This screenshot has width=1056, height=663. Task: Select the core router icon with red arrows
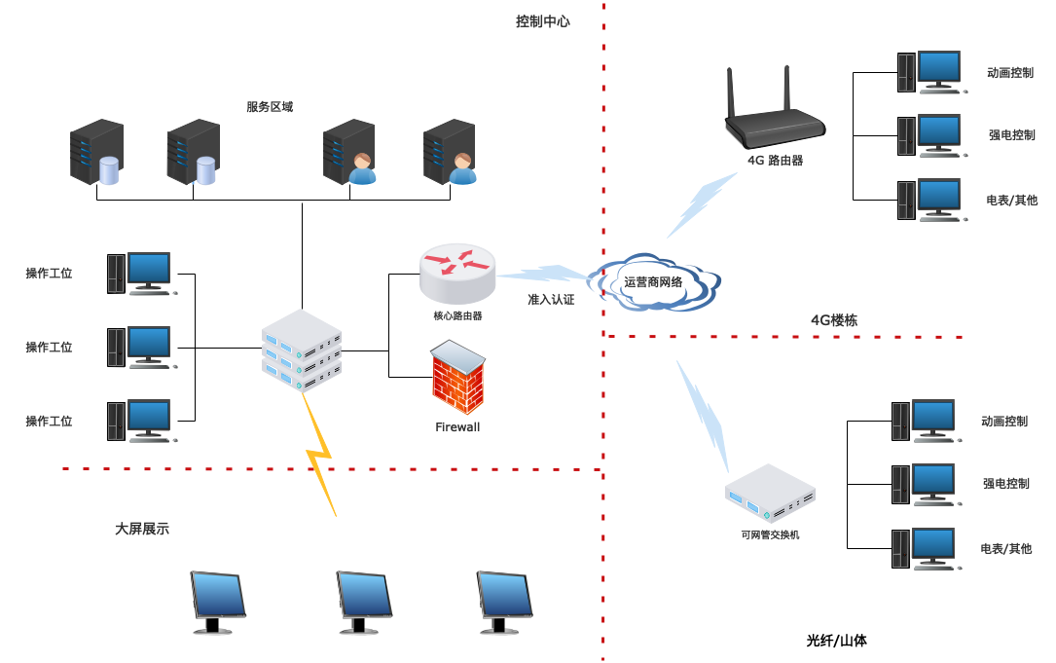pyautogui.click(x=457, y=274)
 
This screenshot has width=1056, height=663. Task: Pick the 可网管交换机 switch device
pyautogui.click(x=770, y=494)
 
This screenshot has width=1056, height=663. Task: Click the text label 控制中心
pyautogui.click(x=542, y=21)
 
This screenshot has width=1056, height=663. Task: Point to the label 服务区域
pyautogui.click(x=270, y=107)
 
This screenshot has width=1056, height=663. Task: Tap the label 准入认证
pyautogui.click(x=551, y=300)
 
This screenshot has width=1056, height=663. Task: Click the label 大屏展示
pyautogui.click(x=142, y=529)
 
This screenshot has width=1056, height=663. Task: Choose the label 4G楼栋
pyautogui.click(x=834, y=319)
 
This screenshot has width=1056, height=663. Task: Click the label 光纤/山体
pyautogui.click(x=836, y=641)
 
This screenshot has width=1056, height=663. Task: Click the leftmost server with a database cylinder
pyautogui.click(x=96, y=153)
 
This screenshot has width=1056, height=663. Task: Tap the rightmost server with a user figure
pyautogui.click(x=450, y=153)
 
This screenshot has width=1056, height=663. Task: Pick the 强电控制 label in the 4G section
pyautogui.click(x=1011, y=135)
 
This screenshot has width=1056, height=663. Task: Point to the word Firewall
pyautogui.click(x=457, y=426)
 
